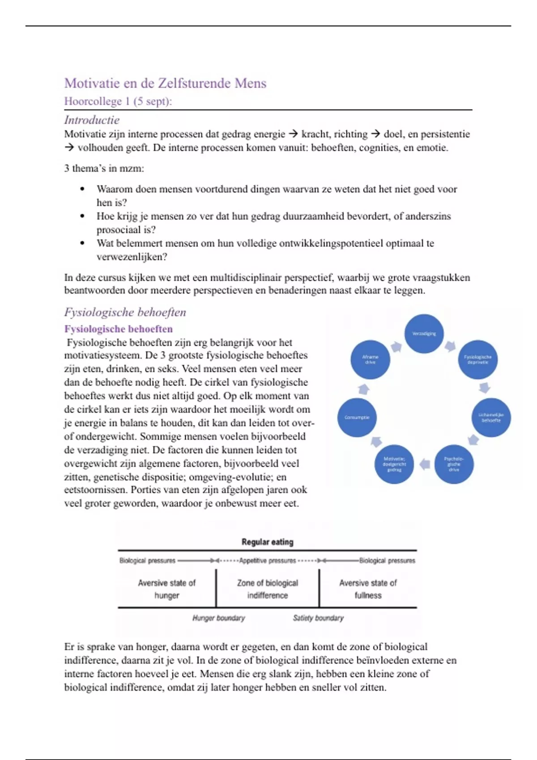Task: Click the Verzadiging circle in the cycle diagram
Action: click(424, 334)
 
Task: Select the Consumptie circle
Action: click(357, 417)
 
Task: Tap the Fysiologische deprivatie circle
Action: click(478, 359)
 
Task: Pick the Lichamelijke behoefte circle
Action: click(491, 417)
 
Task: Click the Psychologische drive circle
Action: click(454, 464)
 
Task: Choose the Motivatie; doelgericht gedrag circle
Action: click(394, 464)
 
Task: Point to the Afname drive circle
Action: click(370, 359)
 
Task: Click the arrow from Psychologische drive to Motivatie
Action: click(424, 464)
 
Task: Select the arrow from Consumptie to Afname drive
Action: click(364, 389)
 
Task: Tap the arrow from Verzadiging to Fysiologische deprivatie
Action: click(450, 346)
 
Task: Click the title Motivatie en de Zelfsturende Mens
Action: click(165, 83)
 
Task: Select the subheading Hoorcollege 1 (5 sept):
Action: click(118, 101)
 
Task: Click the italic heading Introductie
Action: click(92, 120)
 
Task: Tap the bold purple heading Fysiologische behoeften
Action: click(118, 329)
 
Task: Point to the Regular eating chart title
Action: click(267, 542)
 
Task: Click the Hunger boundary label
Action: click(218, 618)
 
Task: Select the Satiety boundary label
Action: click(318, 618)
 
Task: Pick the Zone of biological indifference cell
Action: click(267, 589)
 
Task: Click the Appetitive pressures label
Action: click(267, 561)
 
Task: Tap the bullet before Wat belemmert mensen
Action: click(82, 243)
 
